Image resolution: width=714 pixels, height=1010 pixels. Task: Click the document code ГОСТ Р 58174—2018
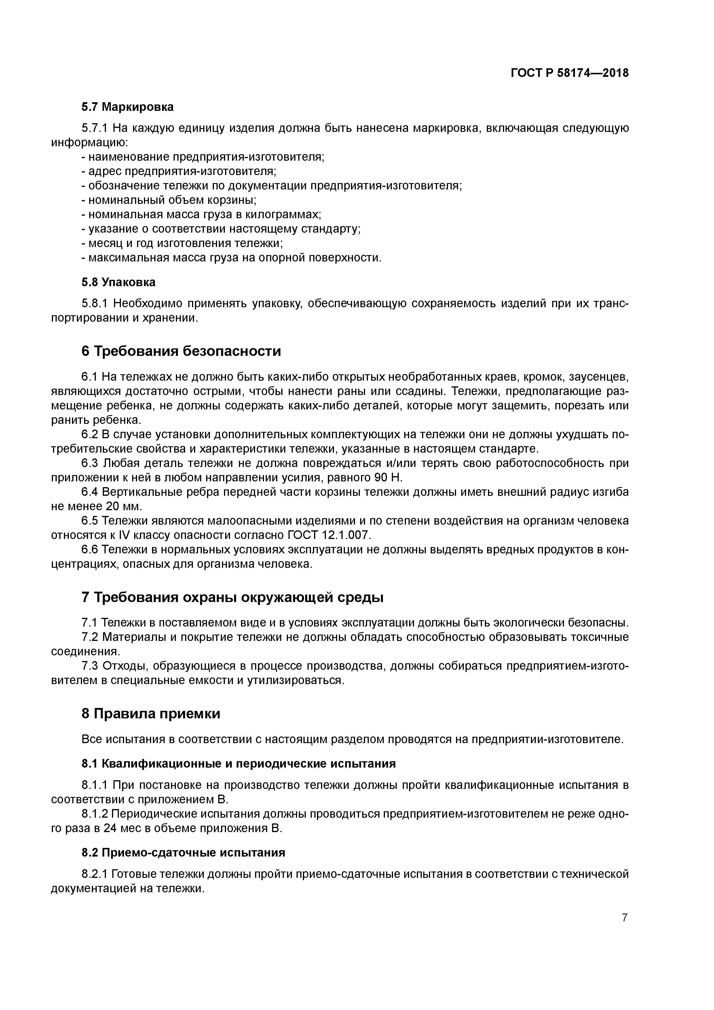[x=570, y=73]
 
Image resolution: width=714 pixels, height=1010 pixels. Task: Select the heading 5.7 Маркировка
[x=127, y=107]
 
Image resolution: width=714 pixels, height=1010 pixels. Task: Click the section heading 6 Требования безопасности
[x=181, y=351]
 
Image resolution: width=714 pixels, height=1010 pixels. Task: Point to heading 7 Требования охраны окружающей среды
[x=232, y=598]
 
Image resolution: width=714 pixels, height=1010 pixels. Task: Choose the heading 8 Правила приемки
[x=151, y=713]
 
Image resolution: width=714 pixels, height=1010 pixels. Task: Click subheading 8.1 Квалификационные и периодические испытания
[x=238, y=764]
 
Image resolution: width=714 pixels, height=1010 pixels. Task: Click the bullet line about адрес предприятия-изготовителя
[x=178, y=171]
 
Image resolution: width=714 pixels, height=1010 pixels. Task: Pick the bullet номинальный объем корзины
[x=169, y=200]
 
